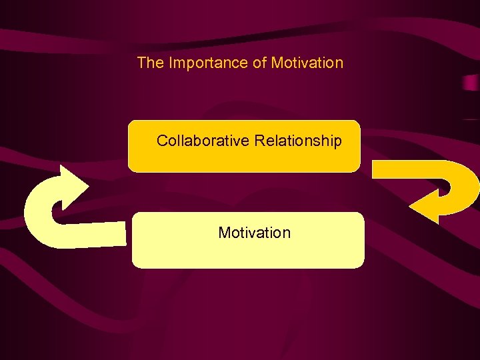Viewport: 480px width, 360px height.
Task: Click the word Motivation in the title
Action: tap(307, 63)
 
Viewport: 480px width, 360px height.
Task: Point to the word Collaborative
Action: tap(203, 141)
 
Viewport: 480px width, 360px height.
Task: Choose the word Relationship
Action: tap(298, 141)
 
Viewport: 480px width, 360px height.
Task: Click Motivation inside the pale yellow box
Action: tap(254, 233)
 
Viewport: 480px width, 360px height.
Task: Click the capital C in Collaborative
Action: tap(162, 141)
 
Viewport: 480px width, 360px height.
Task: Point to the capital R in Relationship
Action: tap(259, 141)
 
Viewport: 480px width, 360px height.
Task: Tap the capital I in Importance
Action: tap(171, 63)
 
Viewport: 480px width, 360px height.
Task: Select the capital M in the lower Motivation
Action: tap(224, 233)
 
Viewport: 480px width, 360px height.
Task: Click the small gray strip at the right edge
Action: tap(471, 84)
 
